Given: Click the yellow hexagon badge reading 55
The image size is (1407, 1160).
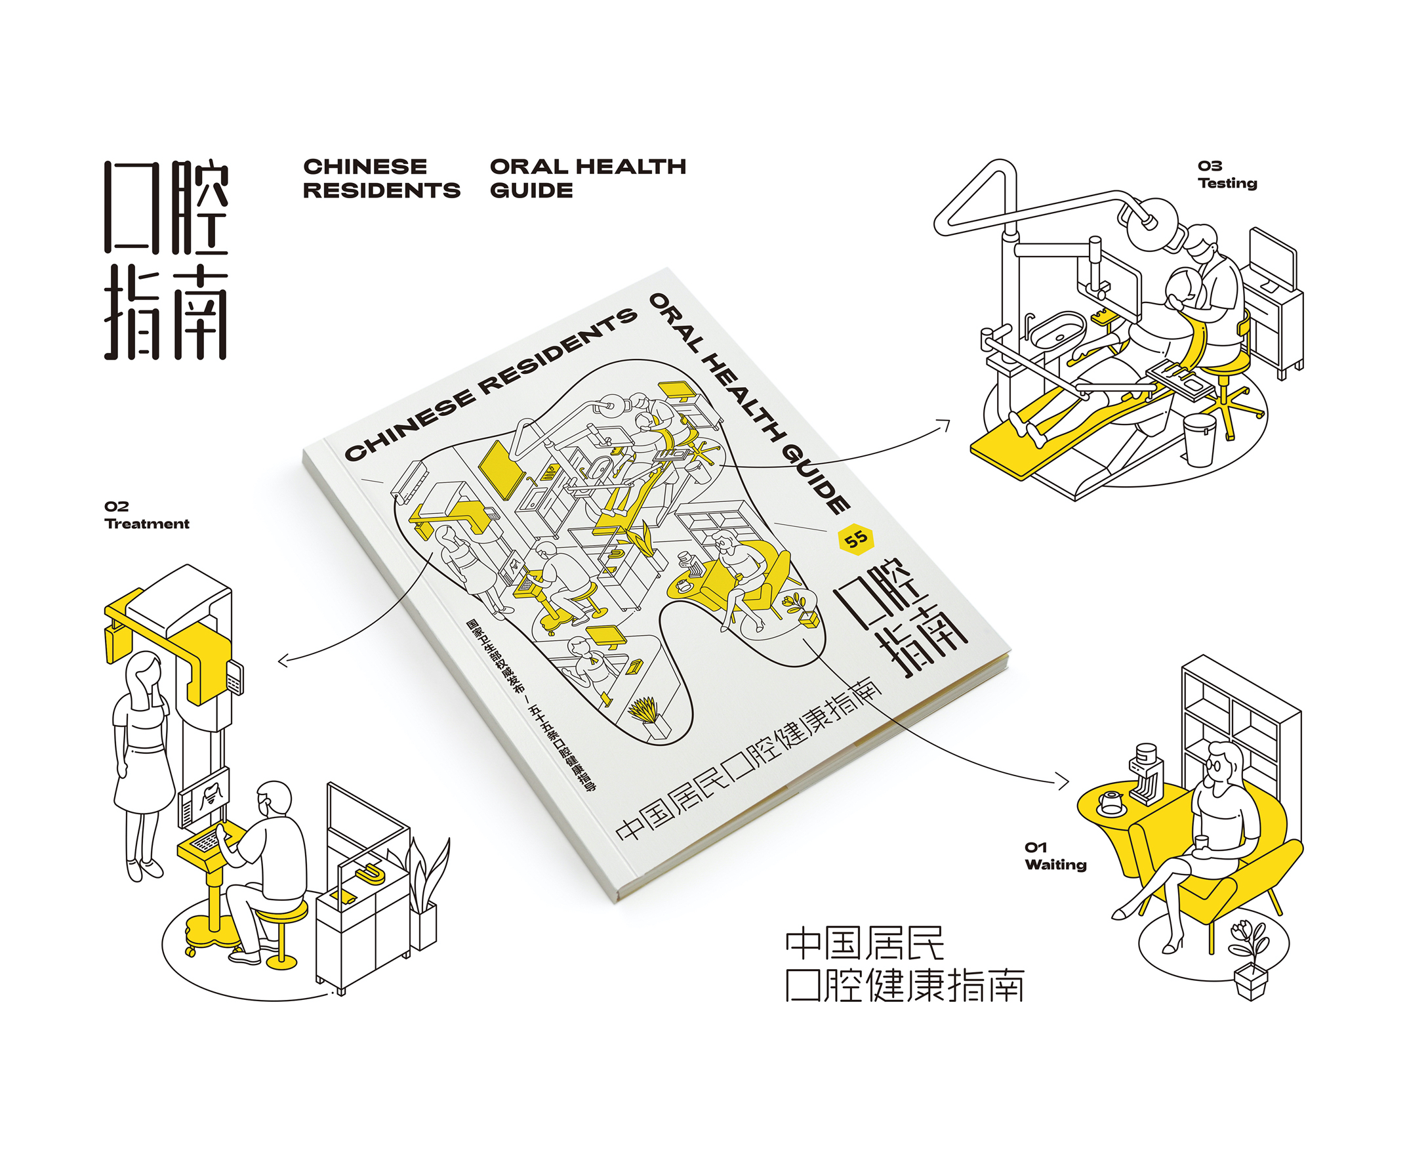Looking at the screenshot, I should [x=856, y=539].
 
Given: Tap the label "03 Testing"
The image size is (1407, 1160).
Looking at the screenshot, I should [x=1227, y=175].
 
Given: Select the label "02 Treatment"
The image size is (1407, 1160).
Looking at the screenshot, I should [x=146, y=515].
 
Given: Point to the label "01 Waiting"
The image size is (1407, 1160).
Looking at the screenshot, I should [x=1055, y=856].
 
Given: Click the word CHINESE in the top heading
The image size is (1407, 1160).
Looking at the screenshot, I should [x=365, y=167].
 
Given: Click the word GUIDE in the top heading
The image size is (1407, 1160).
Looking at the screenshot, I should [x=531, y=190].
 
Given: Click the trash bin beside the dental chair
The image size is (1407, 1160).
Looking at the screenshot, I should [x=1198, y=438].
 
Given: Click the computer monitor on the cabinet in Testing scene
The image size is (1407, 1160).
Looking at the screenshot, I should [x=1273, y=259].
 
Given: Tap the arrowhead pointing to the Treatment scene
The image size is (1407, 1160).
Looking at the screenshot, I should [x=282, y=661].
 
